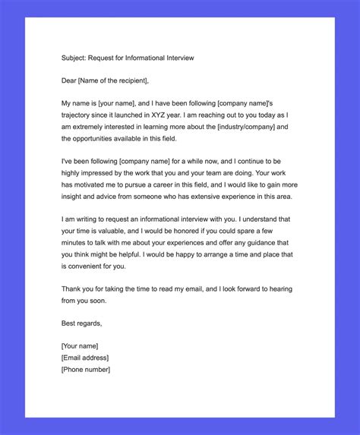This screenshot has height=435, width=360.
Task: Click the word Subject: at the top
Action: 74,57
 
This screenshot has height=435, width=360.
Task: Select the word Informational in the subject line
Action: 153,57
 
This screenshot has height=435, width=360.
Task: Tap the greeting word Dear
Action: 69,80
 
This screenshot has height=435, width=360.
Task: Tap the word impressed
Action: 96,172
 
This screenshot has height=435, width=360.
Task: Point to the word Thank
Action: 71,288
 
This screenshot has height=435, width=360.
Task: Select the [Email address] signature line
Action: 85,358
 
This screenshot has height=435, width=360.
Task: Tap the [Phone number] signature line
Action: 86,369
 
